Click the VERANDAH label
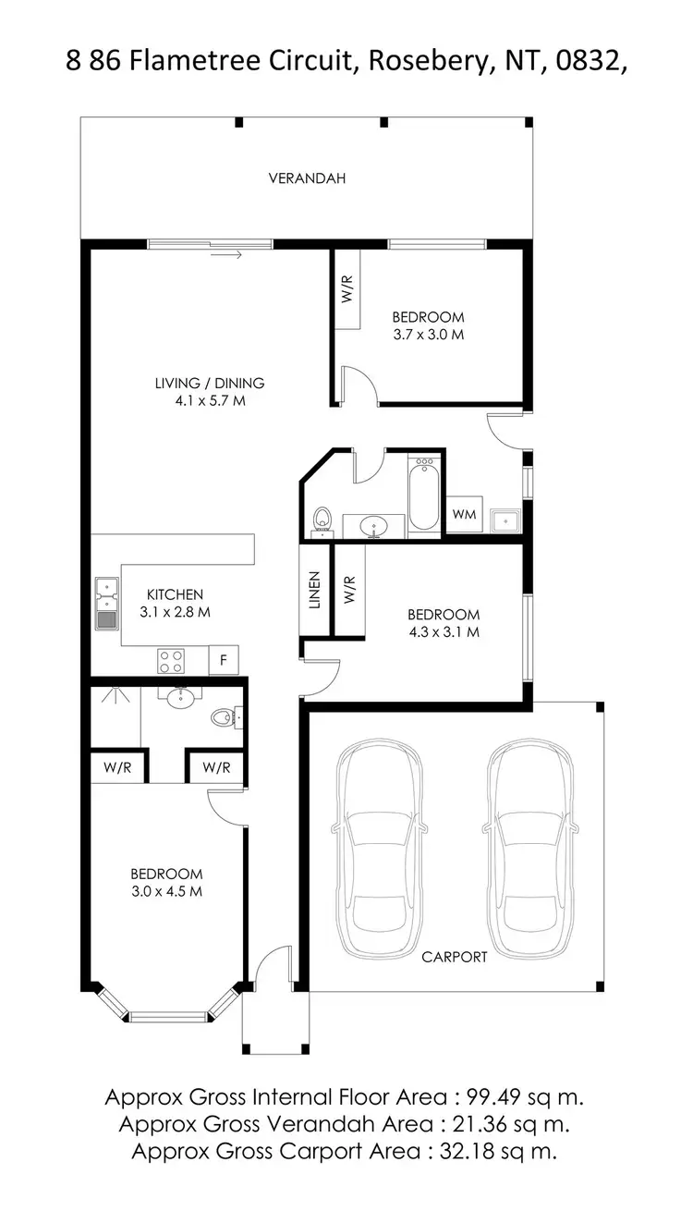click(x=307, y=178)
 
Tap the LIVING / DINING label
click(x=210, y=383)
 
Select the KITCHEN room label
click(x=175, y=594)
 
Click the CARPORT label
click(x=454, y=957)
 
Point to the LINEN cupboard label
click(x=314, y=590)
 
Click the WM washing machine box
click(x=465, y=515)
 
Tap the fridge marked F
click(x=223, y=660)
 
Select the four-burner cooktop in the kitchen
click(x=171, y=660)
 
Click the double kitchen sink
click(x=106, y=603)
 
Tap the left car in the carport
click(x=380, y=849)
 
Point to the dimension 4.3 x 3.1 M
click(x=444, y=632)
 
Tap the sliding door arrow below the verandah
click(x=226, y=254)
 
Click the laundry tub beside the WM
click(x=505, y=520)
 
